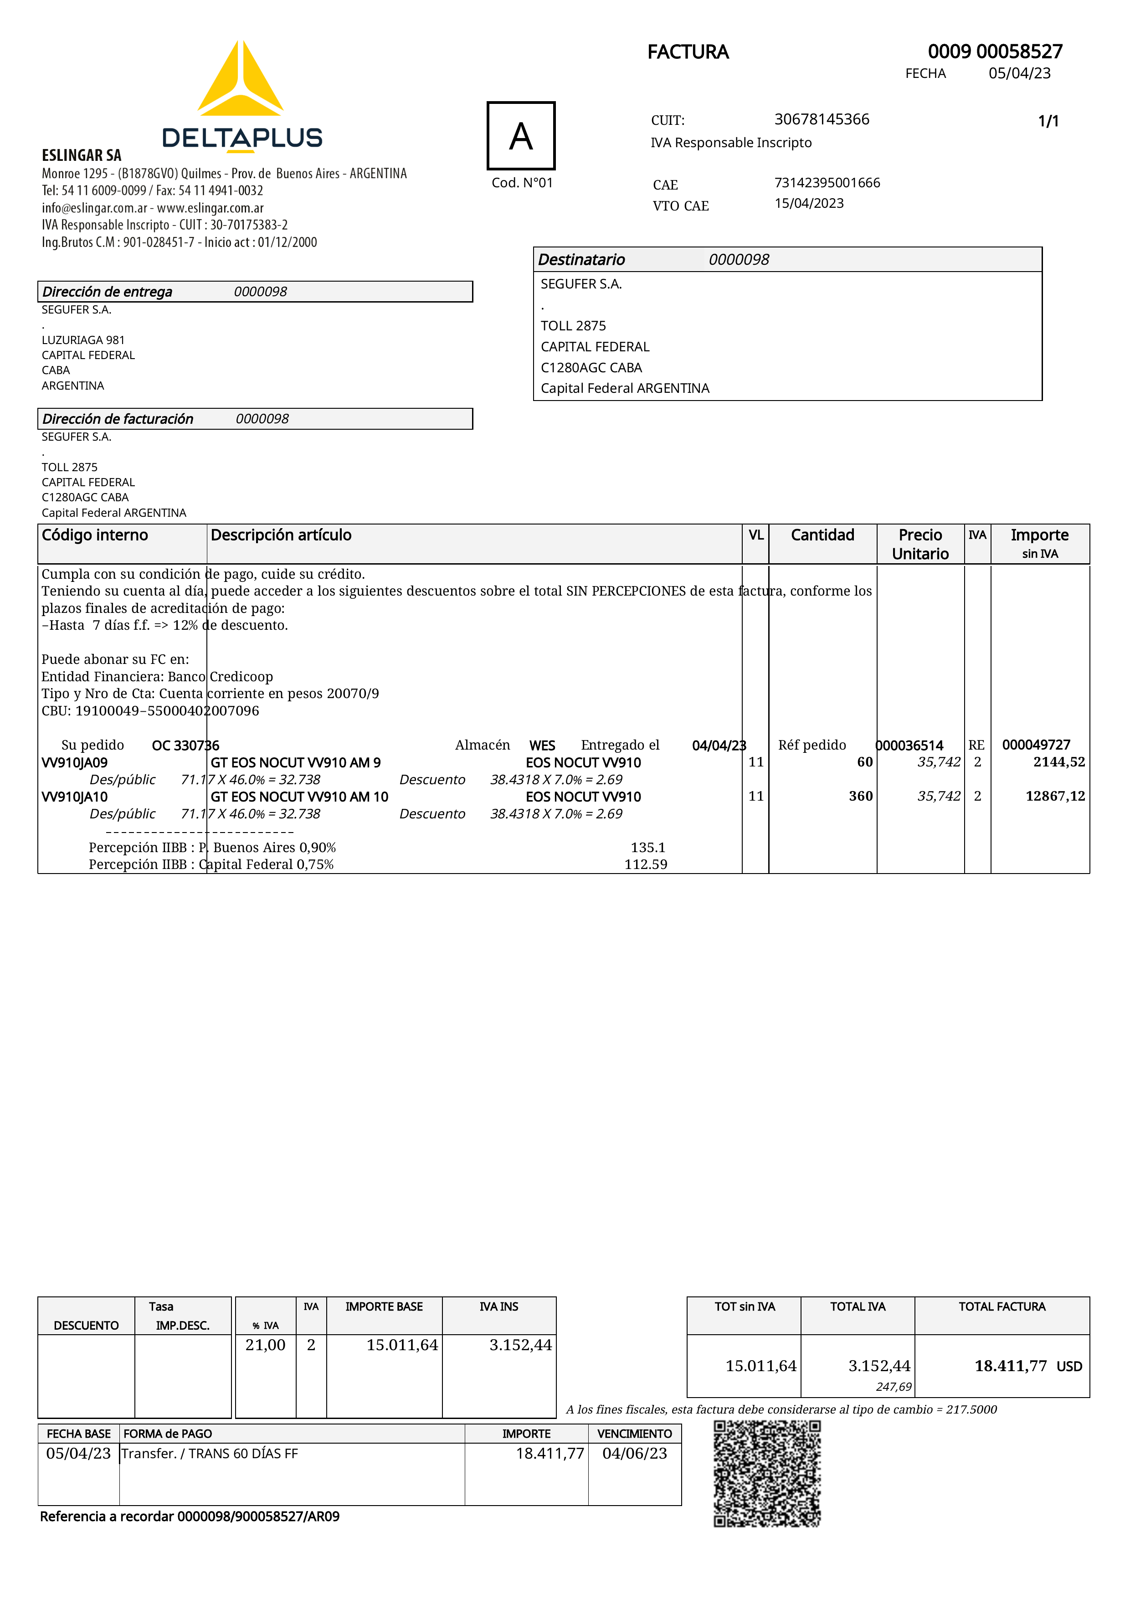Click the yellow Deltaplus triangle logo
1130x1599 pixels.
tap(240, 80)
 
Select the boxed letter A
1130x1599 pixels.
tap(521, 136)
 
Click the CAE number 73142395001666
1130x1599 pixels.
tap(827, 182)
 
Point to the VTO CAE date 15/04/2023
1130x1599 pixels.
tap(809, 203)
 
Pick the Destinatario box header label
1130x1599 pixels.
tap(581, 260)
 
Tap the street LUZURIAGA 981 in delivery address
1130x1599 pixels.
tap(83, 340)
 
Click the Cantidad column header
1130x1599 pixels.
tap(822, 535)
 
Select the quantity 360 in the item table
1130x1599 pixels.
tap(861, 796)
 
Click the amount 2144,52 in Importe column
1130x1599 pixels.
tap(1058, 762)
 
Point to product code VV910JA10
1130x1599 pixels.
tap(74, 797)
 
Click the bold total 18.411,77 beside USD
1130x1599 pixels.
tap(1010, 1366)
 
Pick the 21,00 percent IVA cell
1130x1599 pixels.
tap(265, 1345)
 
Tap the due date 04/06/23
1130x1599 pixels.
tap(634, 1454)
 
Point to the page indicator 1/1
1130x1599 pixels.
tap(1048, 121)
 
